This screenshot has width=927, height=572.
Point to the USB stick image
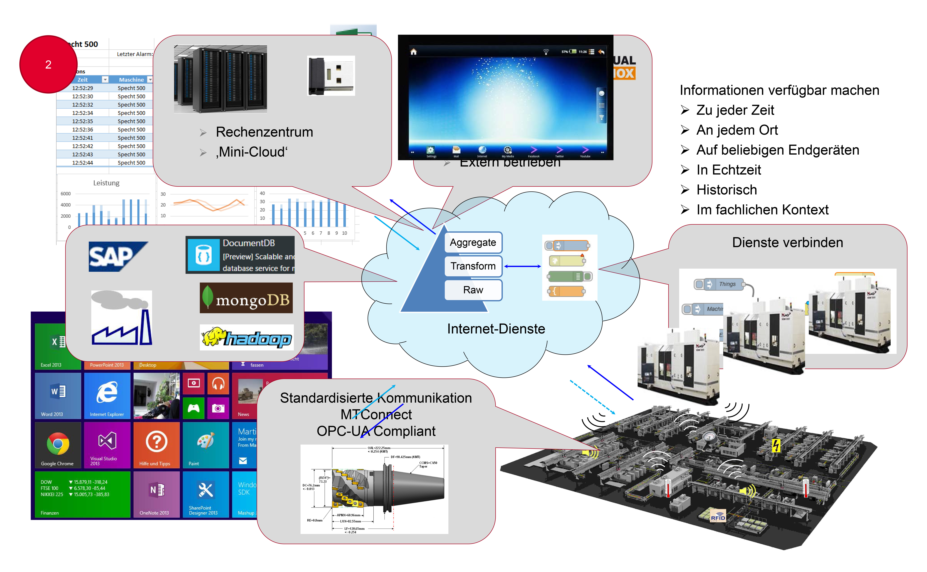[331, 76]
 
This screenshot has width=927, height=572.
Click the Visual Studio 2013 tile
[107, 445]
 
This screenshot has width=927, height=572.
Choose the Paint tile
[205, 445]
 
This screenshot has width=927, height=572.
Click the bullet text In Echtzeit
[728, 170]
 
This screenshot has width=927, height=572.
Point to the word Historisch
[727, 190]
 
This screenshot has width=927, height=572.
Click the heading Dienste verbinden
[787, 242]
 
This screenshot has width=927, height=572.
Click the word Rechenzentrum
[264, 132]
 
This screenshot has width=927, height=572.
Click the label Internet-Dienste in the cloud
[496, 329]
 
